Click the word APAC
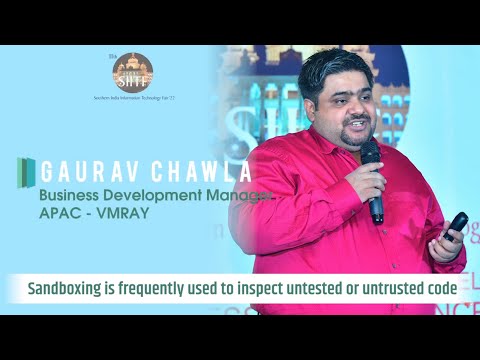(x=61, y=211)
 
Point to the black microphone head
(x=369, y=151)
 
